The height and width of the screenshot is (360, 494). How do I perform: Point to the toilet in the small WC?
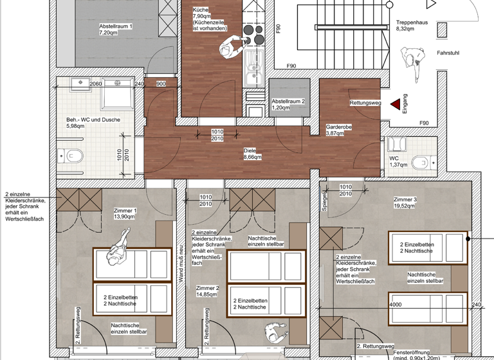coord(422,161)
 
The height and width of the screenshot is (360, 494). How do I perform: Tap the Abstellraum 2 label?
coord(288,104)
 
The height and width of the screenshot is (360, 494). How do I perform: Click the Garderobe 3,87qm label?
coord(338,130)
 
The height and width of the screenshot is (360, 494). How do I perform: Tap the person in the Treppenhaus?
coord(410,63)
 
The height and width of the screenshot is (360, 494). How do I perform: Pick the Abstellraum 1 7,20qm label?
coord(116,30)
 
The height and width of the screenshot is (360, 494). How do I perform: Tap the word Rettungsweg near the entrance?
coord(366,103)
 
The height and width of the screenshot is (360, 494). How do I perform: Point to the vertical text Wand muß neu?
coord(181,263)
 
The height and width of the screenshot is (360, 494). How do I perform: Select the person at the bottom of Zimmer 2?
coord(274,332)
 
